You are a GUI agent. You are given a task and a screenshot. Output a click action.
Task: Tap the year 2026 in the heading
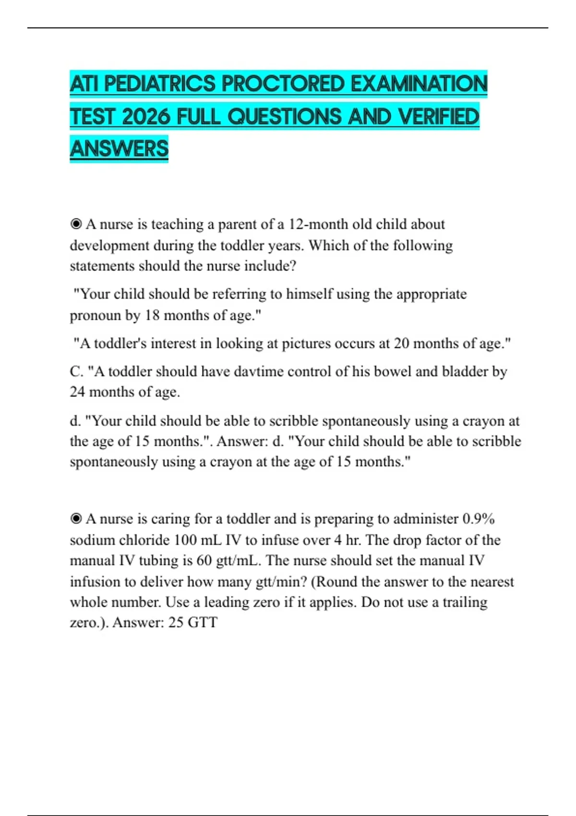pyautogui.click(x=146, y=117)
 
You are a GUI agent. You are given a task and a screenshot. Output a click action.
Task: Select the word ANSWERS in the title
pyautogui.click(x=119, y=148)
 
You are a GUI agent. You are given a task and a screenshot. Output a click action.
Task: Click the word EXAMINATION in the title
pyautogui.click(x=419, y=84)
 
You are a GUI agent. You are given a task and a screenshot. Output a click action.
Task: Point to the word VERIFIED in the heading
pyautogui.click(x=439, y=117)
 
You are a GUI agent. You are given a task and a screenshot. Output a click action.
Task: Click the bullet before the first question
pyautogui.click(x=76, y=224)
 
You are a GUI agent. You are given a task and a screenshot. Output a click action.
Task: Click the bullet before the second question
pyautogui.click(x=76, y=519)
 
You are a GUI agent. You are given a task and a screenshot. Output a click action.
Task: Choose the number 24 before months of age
pyautogui.click(x=78, y=392)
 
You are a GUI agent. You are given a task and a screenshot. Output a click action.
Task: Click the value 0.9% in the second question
pyautogui.click(x=478, y=519)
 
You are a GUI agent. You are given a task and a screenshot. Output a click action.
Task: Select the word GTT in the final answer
pyautogui.click(x=203, y=623)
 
